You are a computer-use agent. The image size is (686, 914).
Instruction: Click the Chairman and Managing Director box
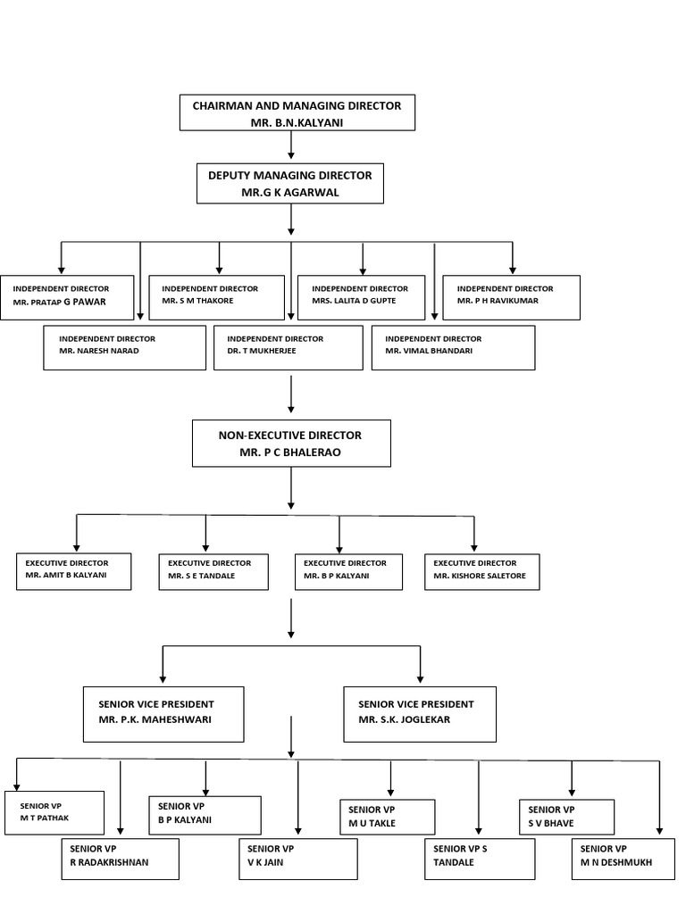(x=297, y=112)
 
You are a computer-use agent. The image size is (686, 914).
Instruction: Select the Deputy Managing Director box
(x=290, y=182)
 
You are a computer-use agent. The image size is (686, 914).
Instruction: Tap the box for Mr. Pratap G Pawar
(x=67, y=296)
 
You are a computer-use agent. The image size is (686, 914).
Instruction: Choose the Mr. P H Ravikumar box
(x=512, y=296)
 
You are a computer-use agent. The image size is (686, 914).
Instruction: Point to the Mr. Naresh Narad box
(x=125, y=346)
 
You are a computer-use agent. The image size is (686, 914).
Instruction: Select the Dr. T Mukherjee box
(x=288, y=346)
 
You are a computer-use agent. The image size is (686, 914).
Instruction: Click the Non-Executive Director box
(x=291, y=443)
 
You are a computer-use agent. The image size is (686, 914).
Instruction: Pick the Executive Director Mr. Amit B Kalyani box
(x=74, y=571)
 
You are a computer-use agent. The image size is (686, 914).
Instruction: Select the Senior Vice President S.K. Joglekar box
(x=419, y=713)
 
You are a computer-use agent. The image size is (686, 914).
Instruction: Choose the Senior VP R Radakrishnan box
(x=120, y=857)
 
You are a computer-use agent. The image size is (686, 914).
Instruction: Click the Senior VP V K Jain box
(x=297, y=857)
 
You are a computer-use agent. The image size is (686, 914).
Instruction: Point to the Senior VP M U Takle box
(x=387, y=817)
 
